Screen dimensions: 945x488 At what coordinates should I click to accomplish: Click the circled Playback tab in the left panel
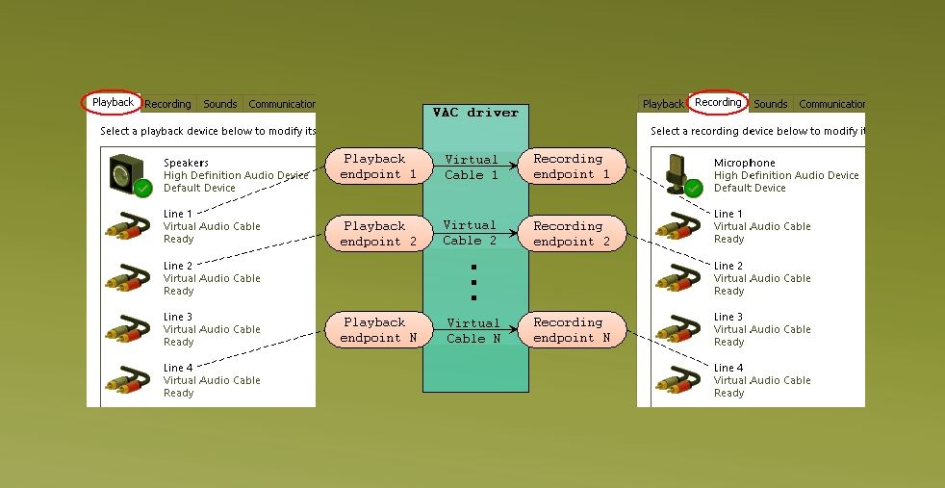(x=112, y=102)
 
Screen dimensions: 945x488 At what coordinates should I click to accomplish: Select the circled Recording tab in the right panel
(x=718, y=102)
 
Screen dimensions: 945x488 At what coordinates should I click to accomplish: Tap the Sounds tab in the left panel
(x=220, y=104)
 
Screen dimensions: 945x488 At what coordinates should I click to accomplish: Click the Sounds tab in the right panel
(x=771, y=104)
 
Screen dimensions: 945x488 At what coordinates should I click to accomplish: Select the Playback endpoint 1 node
(x=379, y=167)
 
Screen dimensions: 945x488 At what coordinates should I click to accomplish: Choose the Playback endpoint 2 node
(x=379, y=234)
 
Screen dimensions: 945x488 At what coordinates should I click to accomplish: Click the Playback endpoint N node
(x=379, y=329)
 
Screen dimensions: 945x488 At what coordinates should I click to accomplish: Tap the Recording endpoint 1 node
(x=572, y=167)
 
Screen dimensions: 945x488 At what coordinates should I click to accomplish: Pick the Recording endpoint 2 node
(x=572, y=234)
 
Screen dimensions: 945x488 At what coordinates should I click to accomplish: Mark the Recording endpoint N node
(x=572, y=329)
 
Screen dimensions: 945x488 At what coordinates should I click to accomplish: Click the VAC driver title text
(x=475, y=112)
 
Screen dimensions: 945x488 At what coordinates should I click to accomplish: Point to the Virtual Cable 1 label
(x=472, y=167)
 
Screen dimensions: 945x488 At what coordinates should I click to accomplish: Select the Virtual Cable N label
(x=473, y=331)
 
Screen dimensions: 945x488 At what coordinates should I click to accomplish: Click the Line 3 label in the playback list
(x=178, y=317)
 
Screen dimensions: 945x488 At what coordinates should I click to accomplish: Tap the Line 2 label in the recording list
(x=728, y=266)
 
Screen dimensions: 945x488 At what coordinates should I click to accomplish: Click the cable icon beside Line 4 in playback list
(x=128, y=380)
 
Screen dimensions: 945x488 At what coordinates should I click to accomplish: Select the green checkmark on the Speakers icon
(x=142, y=189)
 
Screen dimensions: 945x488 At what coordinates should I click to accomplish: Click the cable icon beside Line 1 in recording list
(x=678, y=226)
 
